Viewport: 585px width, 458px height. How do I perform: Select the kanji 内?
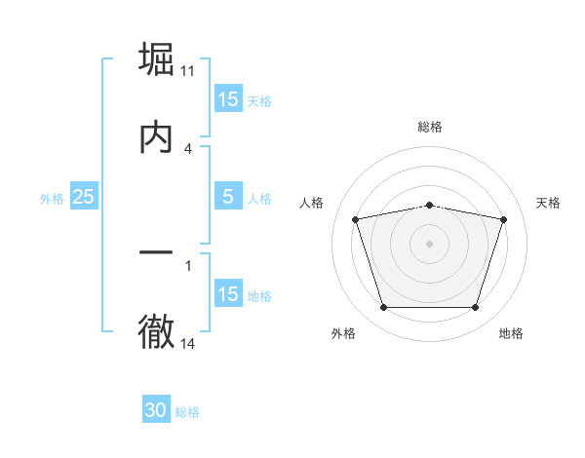point(156,137)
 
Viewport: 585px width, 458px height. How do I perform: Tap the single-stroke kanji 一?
point(156,254)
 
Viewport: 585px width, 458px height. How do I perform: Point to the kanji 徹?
point(156,332)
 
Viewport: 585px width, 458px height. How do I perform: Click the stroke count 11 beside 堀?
point(188,71)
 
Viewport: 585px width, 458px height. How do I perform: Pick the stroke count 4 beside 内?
point(188,148)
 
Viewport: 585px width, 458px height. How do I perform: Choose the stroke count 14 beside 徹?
point(188,343)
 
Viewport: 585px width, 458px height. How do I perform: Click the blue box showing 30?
point(156,411)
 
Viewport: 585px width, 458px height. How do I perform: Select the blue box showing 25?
point(83,198)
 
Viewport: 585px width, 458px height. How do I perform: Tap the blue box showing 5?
point(227,198)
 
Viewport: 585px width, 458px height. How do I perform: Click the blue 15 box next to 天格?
point(227,99)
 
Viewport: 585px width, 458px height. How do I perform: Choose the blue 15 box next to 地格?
point(227,294)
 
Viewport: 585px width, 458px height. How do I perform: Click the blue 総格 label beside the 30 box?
point(187,412)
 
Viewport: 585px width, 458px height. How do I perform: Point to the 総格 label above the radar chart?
point(429,127)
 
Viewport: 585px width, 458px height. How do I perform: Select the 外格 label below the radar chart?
point(343,334)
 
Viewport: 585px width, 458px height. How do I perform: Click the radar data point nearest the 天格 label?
point(503,219)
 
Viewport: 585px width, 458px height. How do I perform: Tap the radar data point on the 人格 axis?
point(356,219)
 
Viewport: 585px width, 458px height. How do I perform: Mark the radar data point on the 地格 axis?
point(475,308)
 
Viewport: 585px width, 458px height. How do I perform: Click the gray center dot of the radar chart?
point(429,244)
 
